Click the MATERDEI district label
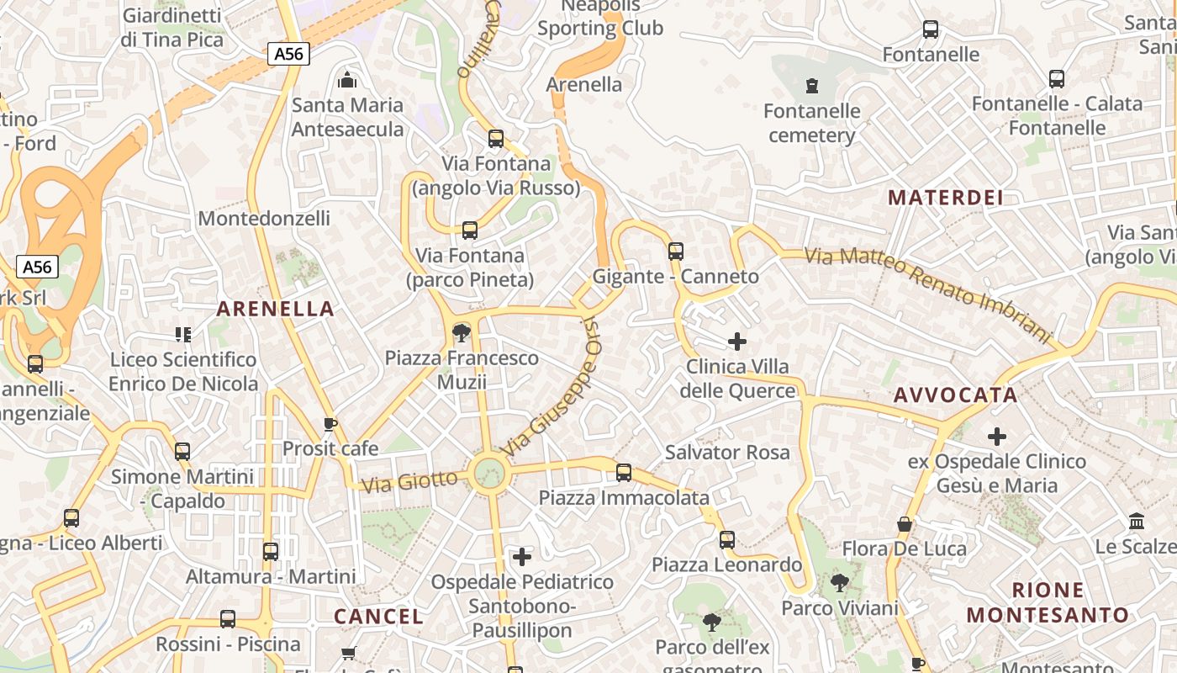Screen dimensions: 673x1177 [946, 198]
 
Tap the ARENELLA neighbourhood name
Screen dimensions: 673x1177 [276, 309]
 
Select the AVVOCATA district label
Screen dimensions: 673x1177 [955, 395]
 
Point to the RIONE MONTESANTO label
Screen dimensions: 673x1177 [1048, 602]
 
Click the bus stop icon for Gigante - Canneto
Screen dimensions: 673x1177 [676, 251]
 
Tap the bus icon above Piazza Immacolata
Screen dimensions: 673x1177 [624, 473]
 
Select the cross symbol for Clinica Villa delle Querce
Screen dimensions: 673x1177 [737, 341]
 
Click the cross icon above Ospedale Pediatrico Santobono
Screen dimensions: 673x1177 [522, 556]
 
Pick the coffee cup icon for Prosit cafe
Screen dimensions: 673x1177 [330, 424]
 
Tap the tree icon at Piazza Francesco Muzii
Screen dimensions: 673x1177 [461, 333]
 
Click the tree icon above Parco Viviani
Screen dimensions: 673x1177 [839, 582]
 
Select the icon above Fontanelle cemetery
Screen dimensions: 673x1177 [811, 86]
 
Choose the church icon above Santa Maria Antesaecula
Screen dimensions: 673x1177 [346, 81]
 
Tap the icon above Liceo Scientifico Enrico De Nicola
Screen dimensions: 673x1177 [183, 335]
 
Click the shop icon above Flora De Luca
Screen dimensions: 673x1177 [905, 524]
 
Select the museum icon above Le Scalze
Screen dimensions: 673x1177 [1137, 522]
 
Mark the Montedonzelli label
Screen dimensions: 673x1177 [264, 219]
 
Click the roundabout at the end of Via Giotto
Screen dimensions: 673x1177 [488, 474]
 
